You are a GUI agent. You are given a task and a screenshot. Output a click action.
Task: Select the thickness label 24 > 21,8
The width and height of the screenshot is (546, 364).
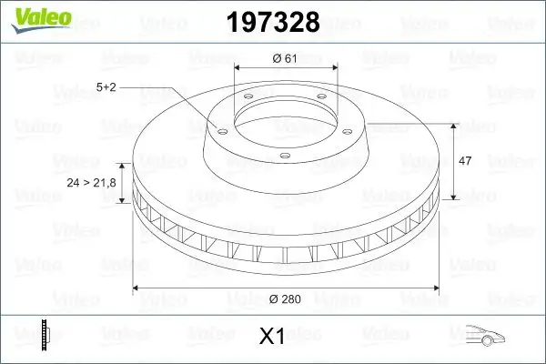click(x=91, y=184)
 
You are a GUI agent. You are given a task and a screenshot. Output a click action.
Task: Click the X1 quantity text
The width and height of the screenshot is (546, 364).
click(x=272, y=337)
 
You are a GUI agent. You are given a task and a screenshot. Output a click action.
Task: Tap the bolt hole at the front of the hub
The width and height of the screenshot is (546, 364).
click(x=285, y=157)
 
